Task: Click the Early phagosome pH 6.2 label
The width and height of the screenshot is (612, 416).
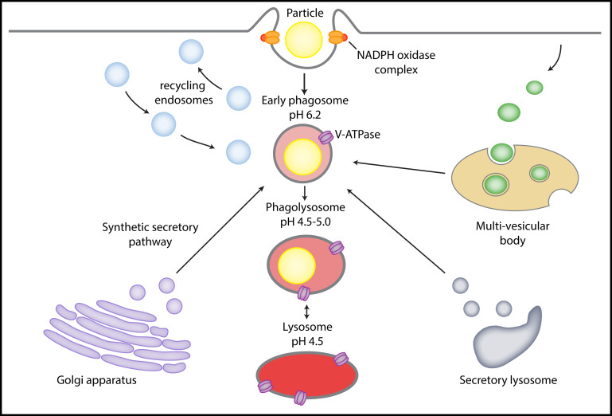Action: tap(305, 108)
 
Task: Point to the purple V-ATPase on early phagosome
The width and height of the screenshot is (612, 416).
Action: tap(326, 138)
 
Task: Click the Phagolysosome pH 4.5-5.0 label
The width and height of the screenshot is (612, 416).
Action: tap(306, 213)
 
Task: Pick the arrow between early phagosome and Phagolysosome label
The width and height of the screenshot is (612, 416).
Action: tap(305, 192)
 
